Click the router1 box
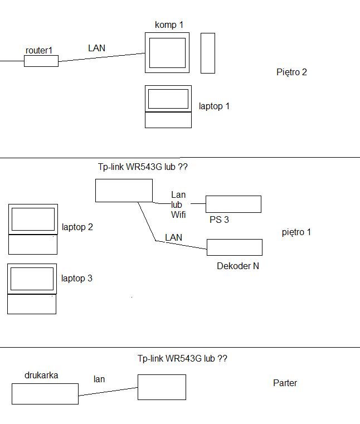41,61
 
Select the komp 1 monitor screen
167,53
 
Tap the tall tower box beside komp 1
207,53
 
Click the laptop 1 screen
168,99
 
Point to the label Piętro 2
291,72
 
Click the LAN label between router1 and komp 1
96,48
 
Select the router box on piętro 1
124,191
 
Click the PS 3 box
233,204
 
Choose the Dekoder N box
234,247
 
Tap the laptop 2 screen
33,219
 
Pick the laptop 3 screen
32,279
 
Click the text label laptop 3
77,278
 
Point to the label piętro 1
296,232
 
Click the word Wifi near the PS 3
178,215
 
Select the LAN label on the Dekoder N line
173,237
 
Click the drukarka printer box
45,394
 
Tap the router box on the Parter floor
162,387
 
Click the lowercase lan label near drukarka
99,379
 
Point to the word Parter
285,383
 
